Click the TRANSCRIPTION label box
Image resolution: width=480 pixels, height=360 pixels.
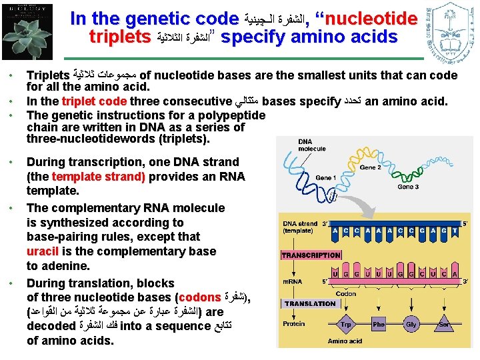click(x=311, y=255)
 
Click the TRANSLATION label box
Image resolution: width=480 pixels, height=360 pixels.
click(x=311, y=303)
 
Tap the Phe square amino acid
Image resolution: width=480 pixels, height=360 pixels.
click(x=379, y=325)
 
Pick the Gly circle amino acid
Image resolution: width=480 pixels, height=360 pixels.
click(x=411, y=325)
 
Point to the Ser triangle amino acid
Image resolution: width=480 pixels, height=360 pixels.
click(x=443, y=325)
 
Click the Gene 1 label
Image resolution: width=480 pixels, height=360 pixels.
click(x=326, y=179)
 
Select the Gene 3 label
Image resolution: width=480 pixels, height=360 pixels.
click(x=408, y=187)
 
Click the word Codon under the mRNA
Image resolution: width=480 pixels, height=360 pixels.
click(x=346, y=293)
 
